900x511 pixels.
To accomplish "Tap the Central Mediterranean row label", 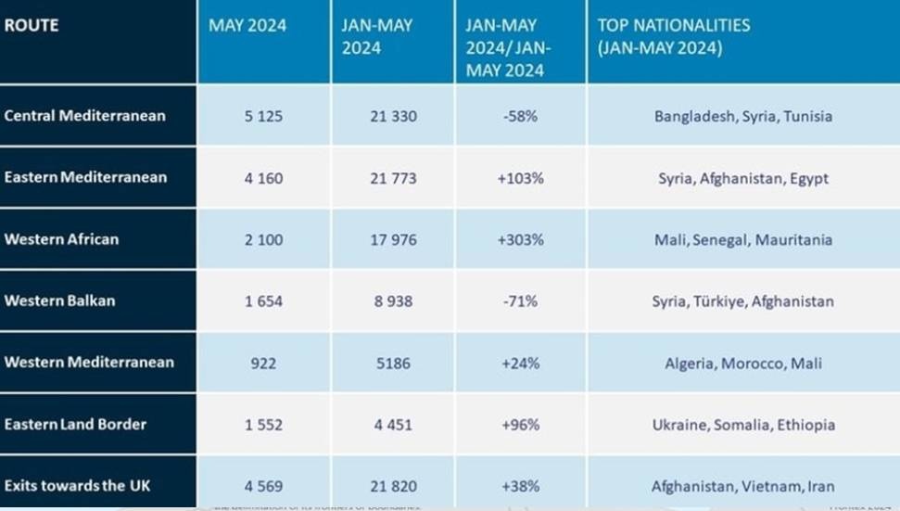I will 85,116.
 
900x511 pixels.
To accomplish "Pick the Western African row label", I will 61,239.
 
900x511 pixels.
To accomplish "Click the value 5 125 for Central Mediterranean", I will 263,117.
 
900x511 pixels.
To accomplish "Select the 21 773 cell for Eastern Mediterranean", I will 393,178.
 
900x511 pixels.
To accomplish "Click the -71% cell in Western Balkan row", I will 520,301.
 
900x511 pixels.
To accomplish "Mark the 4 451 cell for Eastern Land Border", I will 393,425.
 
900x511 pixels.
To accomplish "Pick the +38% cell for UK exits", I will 520,486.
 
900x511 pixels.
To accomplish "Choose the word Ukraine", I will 680,425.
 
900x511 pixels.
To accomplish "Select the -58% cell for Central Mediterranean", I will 520,117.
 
